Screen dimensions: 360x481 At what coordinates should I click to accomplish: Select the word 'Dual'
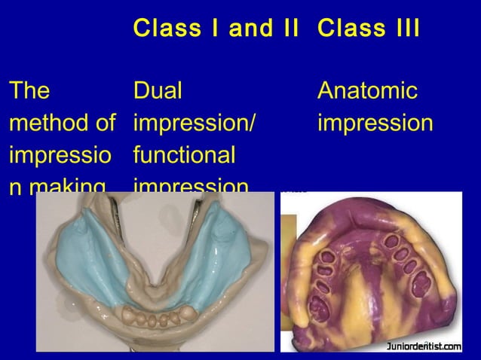pyautogui.click(x=158, y=91)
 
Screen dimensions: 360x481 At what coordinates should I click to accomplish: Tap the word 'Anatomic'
pyautogui.click(x=367, y=91)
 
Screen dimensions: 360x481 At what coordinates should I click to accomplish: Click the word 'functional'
pyautogui.click(x=184, y=155)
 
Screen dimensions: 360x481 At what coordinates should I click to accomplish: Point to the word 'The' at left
pyautogui.click(x=29, y=91)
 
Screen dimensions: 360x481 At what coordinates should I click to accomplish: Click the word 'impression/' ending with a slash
pyautogui.click(x=190, y=124)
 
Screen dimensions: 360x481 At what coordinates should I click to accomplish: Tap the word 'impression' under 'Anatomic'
pyautogui.click(x=375, y=124)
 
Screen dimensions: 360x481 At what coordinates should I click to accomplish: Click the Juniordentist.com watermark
pyautogui.click(x=424, y=346)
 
